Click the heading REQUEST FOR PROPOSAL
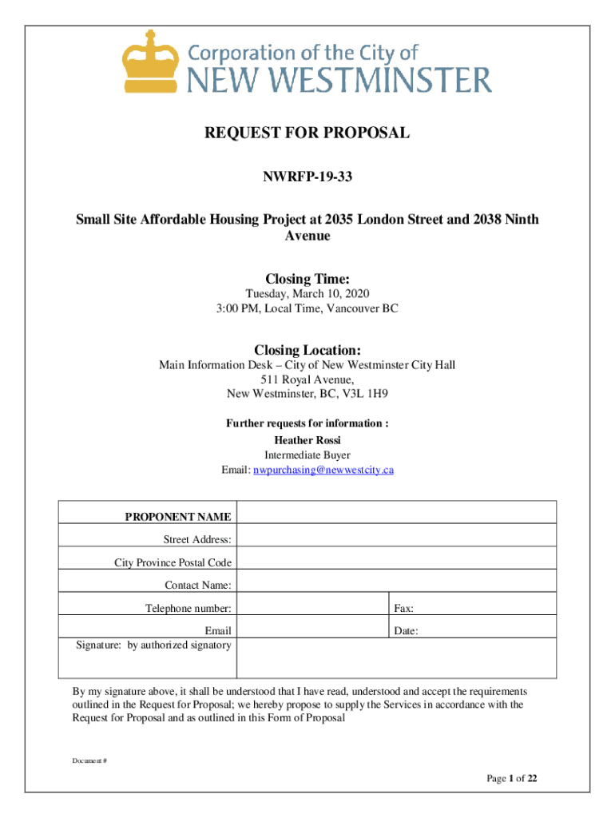tap(307, 133)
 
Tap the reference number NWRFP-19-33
tap(307, 176)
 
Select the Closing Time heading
tap(307, 280)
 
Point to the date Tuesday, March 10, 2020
tap(307, 295)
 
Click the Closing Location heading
tap(307, 350)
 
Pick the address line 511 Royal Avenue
tap(307, 379)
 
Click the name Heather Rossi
tap(307, 441)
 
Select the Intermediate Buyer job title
tap(307, 455)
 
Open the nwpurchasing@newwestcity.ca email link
tap(323, 470)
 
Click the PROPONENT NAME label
tap(178, 517)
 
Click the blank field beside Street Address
tap(397, 540)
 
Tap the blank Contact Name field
tap(397, 586)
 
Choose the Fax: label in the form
tap(403, 609)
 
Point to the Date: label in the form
tap(406, 631)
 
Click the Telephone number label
tap(188, 609)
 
